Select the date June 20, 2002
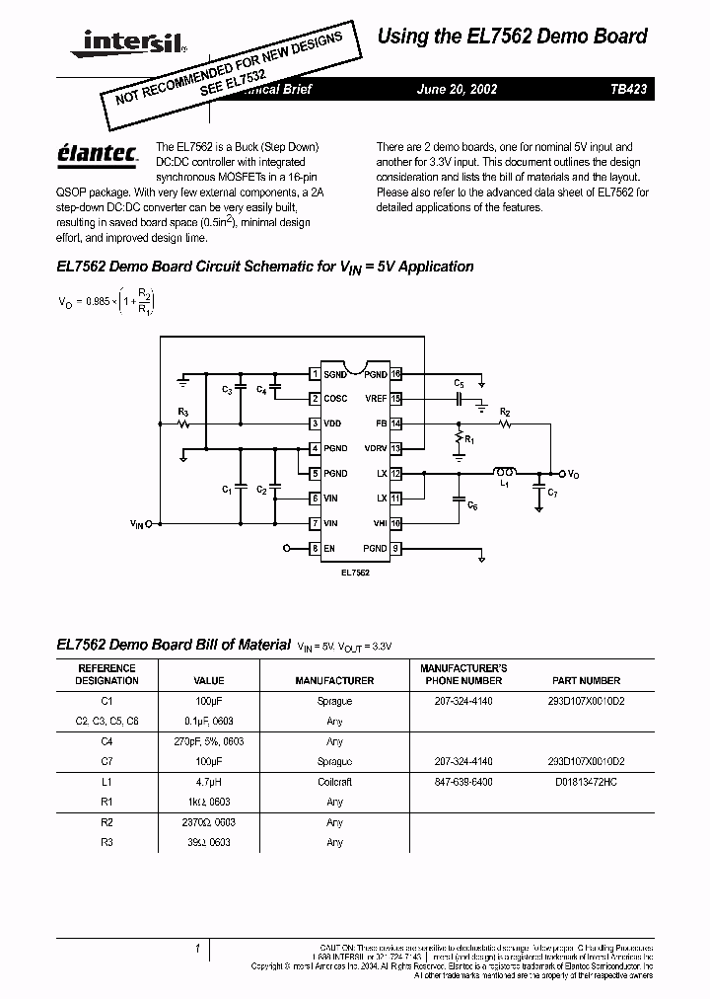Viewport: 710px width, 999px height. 457,88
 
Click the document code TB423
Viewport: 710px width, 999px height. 628,88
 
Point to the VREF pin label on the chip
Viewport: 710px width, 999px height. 376,399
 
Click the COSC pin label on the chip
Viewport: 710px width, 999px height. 335,399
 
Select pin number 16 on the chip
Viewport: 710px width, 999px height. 395,374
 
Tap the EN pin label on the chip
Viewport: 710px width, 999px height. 329,548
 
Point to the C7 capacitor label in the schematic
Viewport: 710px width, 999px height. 552,492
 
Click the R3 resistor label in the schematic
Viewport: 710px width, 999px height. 182,412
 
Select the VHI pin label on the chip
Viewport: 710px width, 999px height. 380,523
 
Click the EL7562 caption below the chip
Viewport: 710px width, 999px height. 355,572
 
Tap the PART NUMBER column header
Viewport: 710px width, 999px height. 586,680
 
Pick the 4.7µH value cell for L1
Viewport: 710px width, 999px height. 209,781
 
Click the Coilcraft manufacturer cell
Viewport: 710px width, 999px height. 334,781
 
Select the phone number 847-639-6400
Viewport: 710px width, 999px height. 463,781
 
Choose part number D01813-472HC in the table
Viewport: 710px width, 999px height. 586,781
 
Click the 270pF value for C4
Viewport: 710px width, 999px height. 209,740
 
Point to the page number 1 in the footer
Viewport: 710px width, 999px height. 197,950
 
